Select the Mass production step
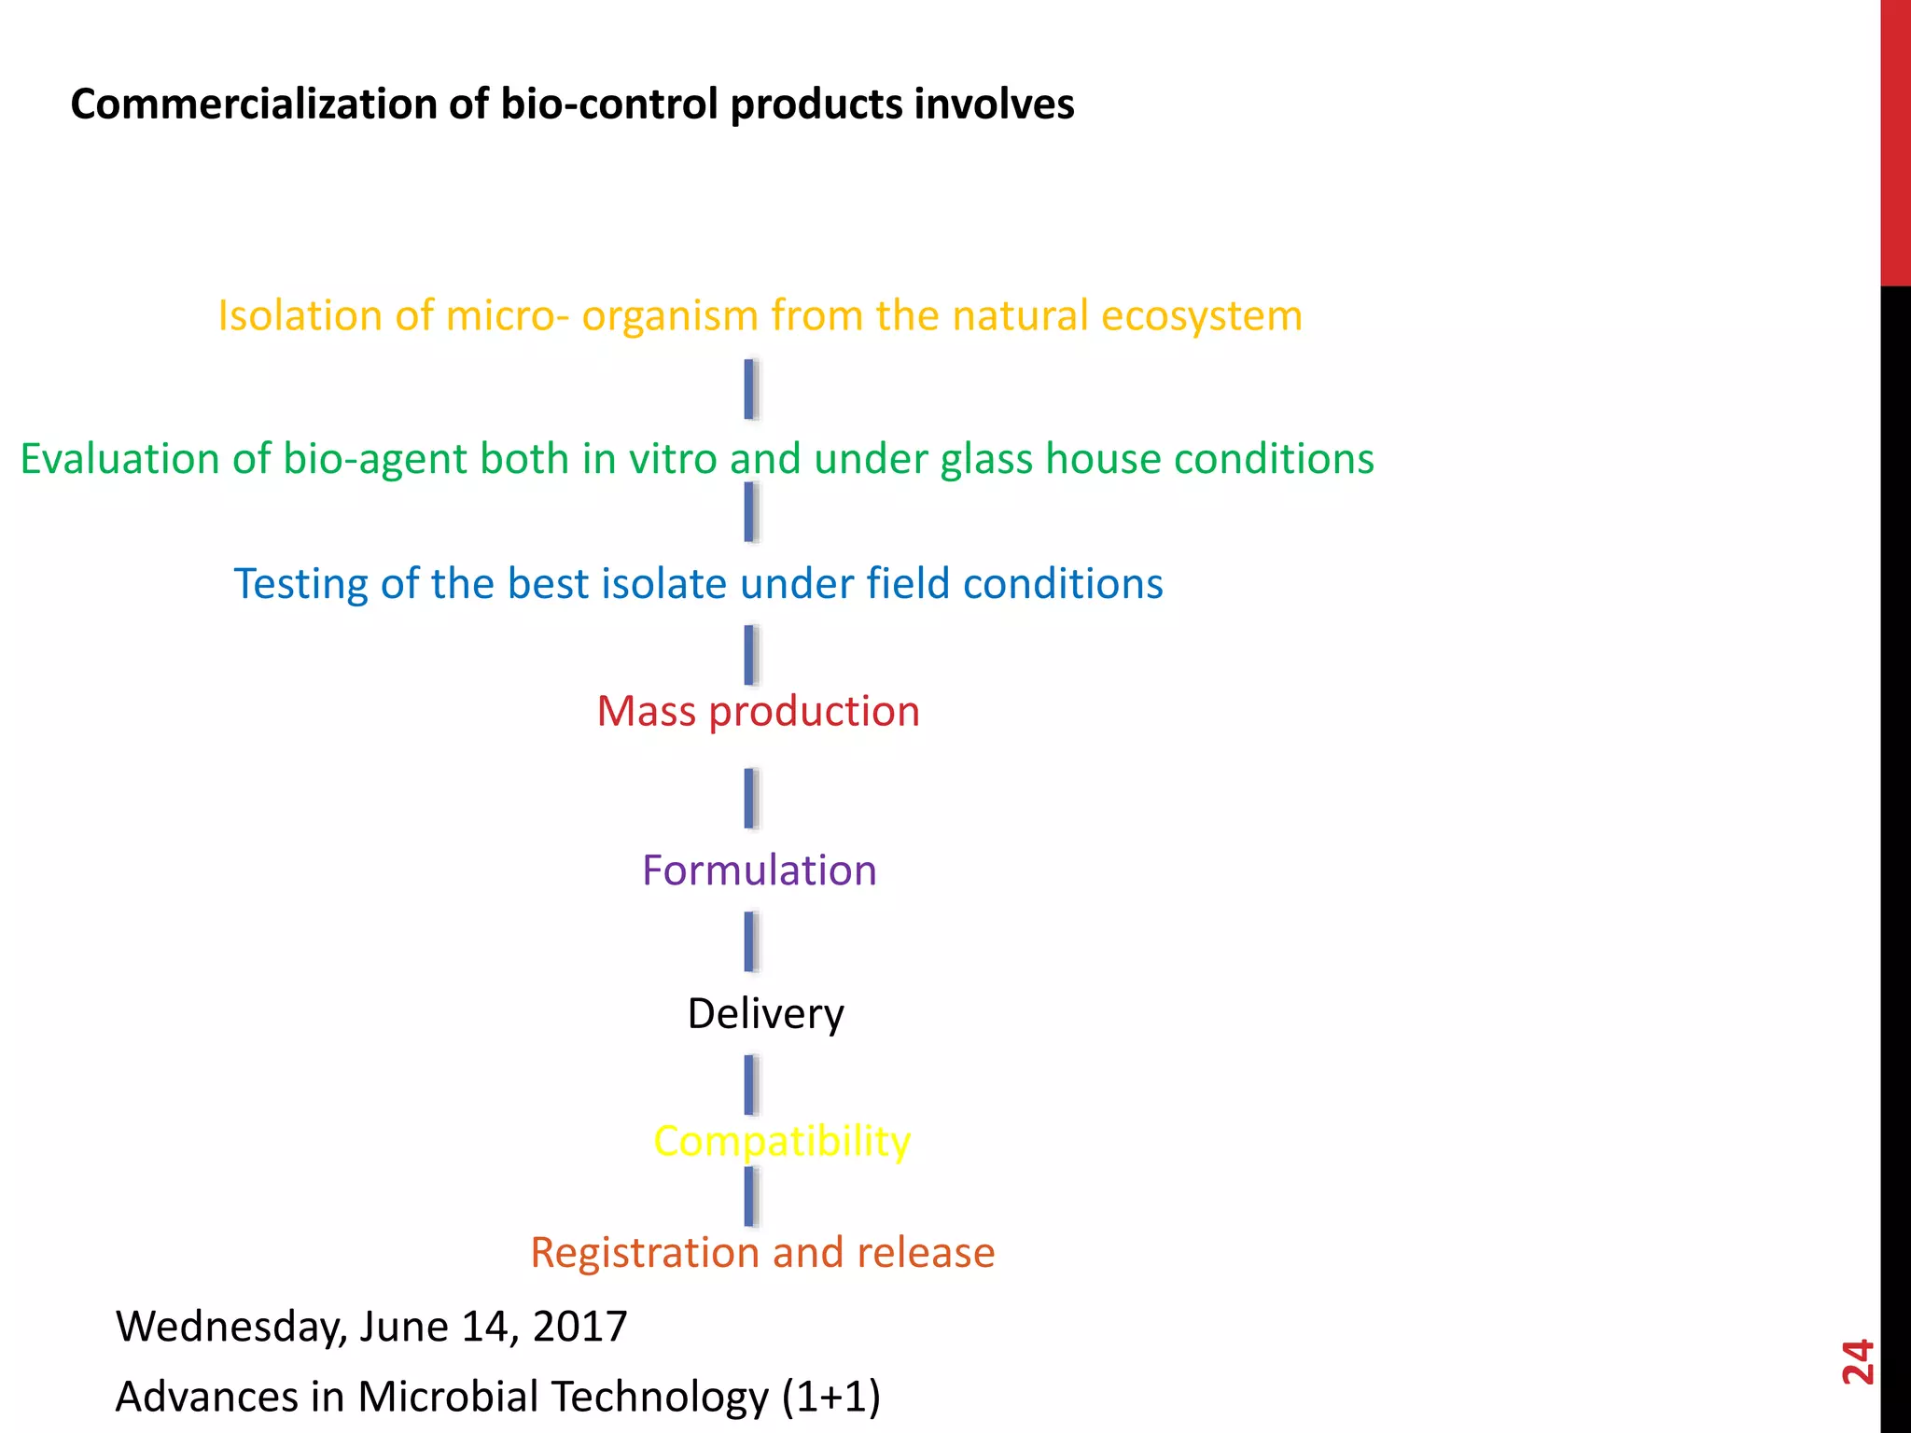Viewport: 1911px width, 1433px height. click(758, 712)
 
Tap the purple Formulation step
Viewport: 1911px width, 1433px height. click(759, 870)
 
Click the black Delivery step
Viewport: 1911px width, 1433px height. click(765, 1014)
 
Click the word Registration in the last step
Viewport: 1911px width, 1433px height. click(645, 1253)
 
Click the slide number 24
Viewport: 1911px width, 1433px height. click(1857, 1362)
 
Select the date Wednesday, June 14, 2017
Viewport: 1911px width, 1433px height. click(370, 1326)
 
